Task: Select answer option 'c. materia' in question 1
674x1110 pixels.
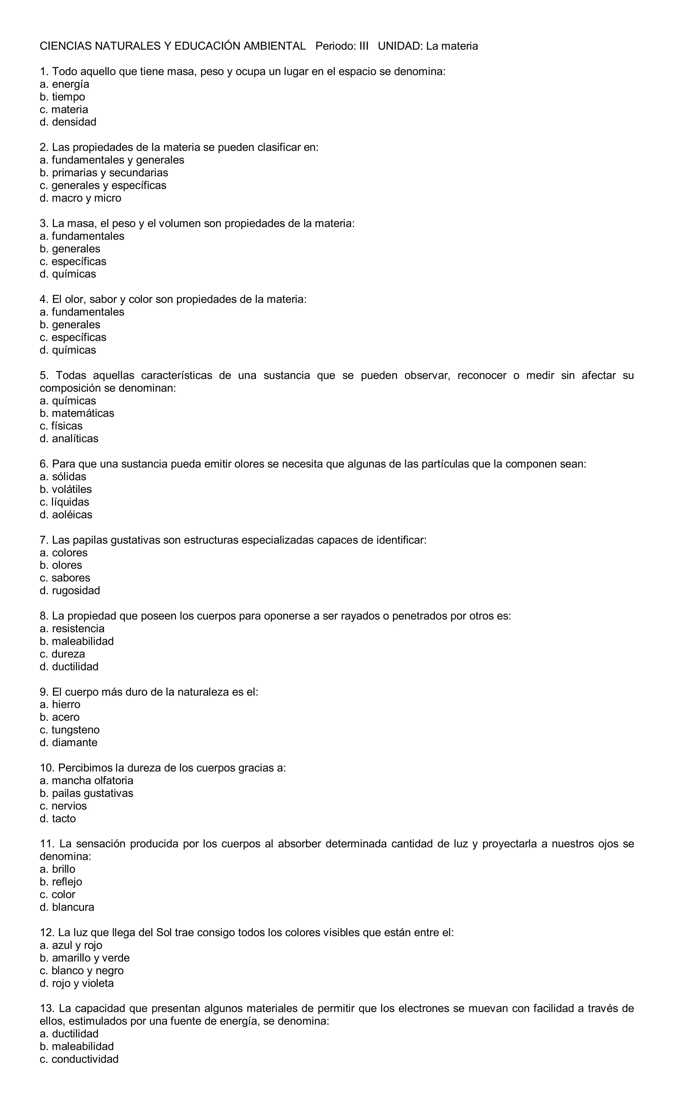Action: [x=64, y=110]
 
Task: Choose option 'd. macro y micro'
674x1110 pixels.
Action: [x=80, y=198]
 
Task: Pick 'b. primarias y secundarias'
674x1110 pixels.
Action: [x=104, y=173]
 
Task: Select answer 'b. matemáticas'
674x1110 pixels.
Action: [x=77, y=414]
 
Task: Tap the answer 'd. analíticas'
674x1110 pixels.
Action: [x=68, y=439]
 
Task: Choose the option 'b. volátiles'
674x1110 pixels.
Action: [x=65, y=489]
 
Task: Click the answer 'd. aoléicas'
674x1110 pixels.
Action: [x=66, y=515]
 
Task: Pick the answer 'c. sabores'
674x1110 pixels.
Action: [x=65, y=578]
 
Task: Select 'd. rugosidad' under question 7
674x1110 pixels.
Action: [x=69, y=591]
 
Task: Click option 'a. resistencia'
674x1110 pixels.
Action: [x=72, y=629]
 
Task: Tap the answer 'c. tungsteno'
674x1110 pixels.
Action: [x=69, y=730]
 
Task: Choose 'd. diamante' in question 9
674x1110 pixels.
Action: [x=68, y=743]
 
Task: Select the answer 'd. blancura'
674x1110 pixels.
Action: [x=67, y=907]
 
